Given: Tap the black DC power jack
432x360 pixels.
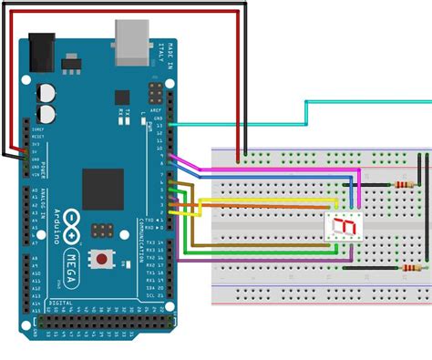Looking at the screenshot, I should [41, 52].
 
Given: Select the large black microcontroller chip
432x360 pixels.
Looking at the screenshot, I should [102, 189].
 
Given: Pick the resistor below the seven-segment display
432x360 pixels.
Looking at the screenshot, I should [409, 268].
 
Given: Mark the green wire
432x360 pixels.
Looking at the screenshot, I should [255, 251].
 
